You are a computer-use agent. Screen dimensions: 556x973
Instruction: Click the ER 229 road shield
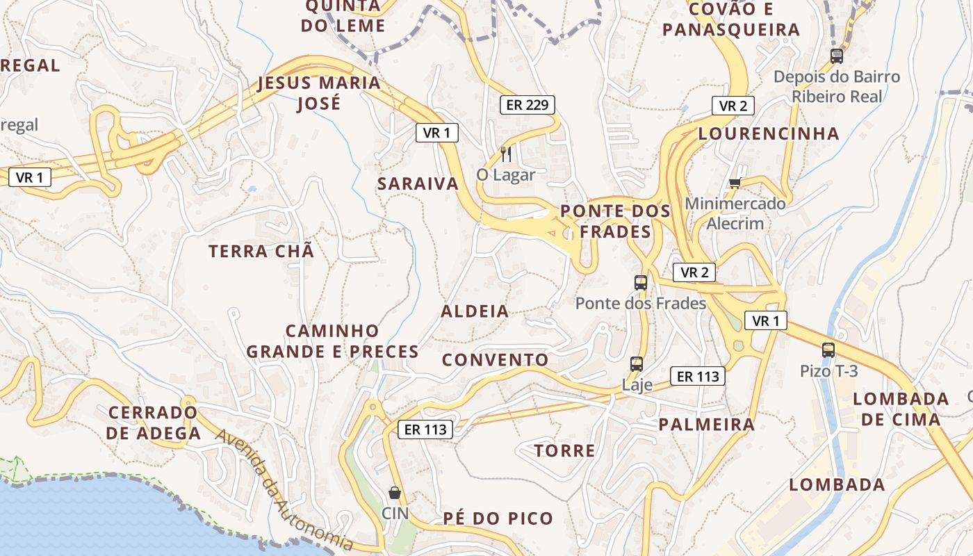[x=528, y=105]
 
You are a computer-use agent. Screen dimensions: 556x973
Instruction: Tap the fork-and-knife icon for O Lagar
[x=506, y=154]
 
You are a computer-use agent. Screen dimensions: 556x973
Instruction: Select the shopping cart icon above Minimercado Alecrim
[x=735, y=183]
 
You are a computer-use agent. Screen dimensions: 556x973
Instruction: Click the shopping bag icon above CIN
[x=395, y=493]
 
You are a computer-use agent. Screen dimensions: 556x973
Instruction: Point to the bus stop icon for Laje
[x=637, y=363]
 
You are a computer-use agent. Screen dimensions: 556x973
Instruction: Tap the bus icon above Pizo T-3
[x=828, y=350]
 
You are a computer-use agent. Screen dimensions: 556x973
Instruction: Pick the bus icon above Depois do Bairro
[x=837, y=56]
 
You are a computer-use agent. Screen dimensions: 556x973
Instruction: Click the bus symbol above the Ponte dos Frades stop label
[x=641, y=283]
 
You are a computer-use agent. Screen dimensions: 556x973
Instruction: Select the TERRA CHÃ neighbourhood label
[x=261, y=251]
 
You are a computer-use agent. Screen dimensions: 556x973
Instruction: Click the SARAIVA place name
[x=418, y=183]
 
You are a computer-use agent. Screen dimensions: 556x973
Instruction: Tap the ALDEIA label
[x=475, y=311]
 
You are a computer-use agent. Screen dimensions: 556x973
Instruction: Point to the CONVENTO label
[x=495, y=359]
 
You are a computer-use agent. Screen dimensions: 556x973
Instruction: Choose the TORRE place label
[x=564, y=450]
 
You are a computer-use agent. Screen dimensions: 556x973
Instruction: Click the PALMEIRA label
[x=706, y=424]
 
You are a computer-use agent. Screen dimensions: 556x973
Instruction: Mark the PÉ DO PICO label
[x=498, y=518]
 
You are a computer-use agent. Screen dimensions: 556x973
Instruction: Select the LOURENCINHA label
[x=769, y=133]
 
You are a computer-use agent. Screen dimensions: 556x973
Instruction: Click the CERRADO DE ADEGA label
[x=154, y=423]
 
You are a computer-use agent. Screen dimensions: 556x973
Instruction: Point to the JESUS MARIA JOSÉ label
[x=319, y=93]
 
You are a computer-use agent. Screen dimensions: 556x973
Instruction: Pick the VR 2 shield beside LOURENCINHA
[x=733, y=106]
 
